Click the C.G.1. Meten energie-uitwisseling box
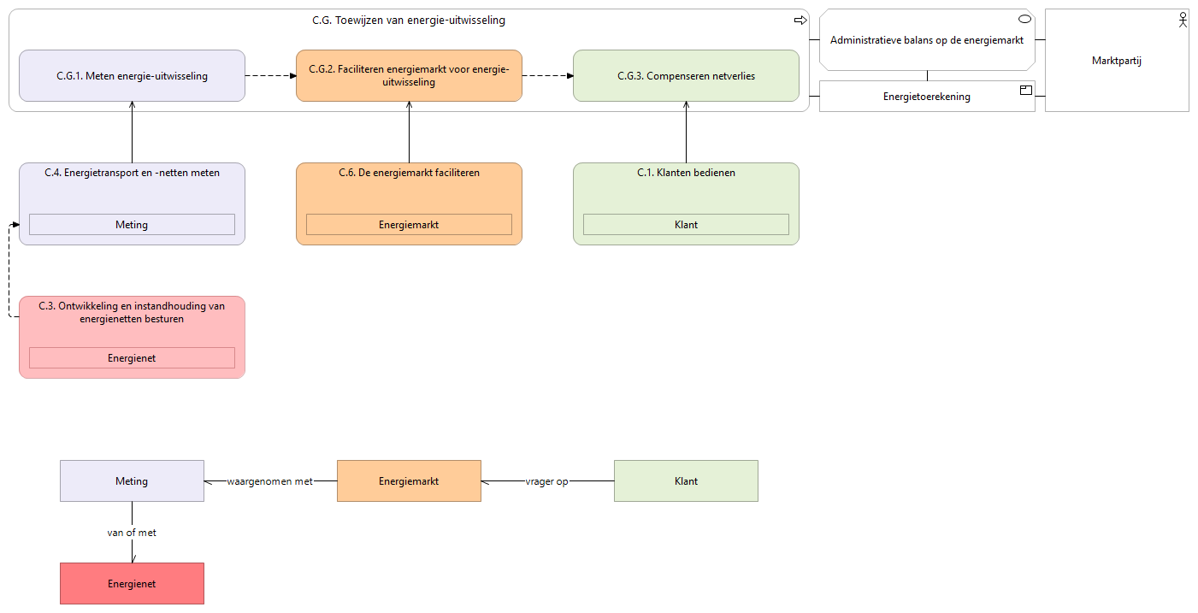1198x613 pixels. point(132,75)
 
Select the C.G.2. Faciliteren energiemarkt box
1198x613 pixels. point(409,75)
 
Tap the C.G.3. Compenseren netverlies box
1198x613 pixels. point(686,75)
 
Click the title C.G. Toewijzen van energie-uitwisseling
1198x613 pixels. point(409,21)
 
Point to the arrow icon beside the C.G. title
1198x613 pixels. point(800,21)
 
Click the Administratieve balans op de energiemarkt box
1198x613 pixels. point(927,39)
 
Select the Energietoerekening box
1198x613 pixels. point(927,97)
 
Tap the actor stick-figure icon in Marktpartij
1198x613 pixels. point(1183,21)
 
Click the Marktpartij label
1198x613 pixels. point(1117,61)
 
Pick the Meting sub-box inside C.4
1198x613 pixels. point(132,225)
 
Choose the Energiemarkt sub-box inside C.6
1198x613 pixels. point(409,225)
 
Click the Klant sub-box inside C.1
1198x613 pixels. point(686,225)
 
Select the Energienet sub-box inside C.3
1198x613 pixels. point(132,358)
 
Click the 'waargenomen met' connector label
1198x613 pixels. point(270,481)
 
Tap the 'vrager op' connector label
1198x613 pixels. point(546,481)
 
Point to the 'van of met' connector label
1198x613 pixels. point(132,533)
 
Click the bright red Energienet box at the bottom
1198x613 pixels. point(132,584)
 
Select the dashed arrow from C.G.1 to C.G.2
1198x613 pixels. point(270,75)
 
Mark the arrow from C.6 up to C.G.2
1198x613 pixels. point(409,133)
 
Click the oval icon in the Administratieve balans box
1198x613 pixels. point(1024,20)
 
